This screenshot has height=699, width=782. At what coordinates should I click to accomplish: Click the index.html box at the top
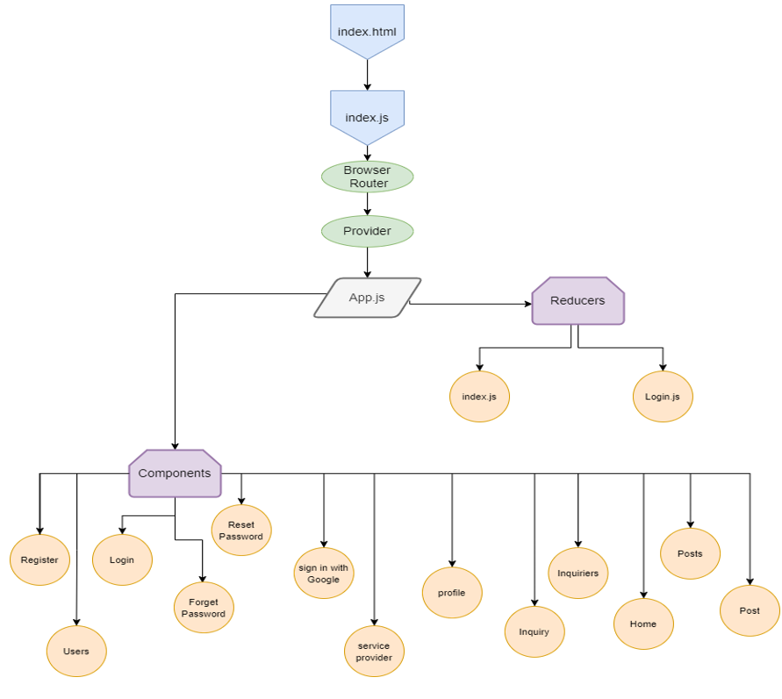click(367, 31)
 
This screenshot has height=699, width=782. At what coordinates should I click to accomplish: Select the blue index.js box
click(367, 115)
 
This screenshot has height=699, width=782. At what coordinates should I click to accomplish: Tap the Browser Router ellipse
click(367, 177)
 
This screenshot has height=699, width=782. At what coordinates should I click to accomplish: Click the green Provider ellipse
click(367, 231)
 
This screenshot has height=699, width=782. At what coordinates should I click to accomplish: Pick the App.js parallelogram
click(367, 298)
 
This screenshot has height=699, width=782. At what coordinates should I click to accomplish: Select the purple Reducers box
click(578, 301)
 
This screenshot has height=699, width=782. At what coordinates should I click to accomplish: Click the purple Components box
click(175, 473)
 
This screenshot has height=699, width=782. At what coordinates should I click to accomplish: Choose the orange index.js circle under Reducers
click(479, 397)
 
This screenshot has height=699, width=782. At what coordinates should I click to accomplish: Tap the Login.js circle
click(663, 397)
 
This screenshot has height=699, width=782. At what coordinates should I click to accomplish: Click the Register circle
click(39, 560)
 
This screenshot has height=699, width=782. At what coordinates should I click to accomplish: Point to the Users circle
click(76, 652)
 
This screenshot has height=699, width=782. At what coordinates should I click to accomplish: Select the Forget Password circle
click(204, 608)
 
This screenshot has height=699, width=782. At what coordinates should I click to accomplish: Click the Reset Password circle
click(241, 530)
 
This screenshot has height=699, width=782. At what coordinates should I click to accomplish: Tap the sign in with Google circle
click(324, 573)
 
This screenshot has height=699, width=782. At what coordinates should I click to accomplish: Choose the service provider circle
click(374, 652)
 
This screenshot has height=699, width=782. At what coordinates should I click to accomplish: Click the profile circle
click(452, 593)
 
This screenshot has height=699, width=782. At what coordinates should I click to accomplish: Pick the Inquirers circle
click(578, 573)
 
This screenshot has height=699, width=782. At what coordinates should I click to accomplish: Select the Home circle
click(643, 624)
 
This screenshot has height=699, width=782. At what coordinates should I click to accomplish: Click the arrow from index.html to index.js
click(367, 75)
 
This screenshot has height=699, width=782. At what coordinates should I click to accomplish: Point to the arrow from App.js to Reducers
click(470, 304)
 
